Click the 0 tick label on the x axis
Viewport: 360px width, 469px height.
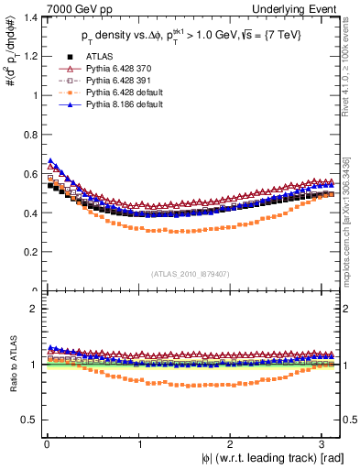click(x=46, y=444)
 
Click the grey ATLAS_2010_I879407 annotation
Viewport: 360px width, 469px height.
click(x=189, y=273)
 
